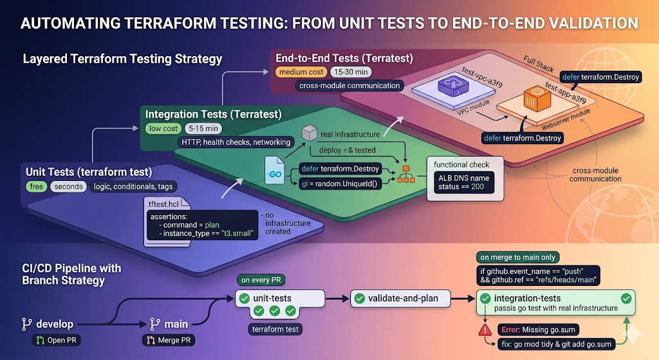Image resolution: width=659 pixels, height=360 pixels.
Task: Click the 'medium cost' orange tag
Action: point(301,72)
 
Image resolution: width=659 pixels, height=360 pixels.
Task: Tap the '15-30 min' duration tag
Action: point(351,72)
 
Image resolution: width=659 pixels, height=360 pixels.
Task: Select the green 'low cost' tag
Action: point(163,129)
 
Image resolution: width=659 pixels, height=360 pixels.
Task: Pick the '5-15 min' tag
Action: point(203,129)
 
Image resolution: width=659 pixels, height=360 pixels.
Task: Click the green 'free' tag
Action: point(36,186)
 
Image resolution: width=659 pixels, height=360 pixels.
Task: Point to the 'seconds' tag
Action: point(68,186)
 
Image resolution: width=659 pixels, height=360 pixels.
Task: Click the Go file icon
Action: point(274,170)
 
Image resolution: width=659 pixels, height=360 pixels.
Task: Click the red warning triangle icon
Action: point(485,330)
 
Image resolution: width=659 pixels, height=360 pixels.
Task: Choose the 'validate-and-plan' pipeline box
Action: point(400,299)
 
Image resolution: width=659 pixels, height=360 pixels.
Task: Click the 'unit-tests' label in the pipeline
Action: point(272,298)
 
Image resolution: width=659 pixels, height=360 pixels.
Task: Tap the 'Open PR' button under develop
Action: point(57,340)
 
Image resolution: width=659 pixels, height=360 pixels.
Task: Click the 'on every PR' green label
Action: point(261,280)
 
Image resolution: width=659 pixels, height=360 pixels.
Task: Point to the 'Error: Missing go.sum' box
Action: point(538,330)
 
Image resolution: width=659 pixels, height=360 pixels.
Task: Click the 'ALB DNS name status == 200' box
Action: point(463,182)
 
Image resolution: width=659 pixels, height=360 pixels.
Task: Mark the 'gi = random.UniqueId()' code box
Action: point(340,184)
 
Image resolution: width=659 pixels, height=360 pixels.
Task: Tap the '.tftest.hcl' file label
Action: point(163,204)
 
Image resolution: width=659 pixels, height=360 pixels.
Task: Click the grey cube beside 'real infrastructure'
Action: point(310,133)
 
